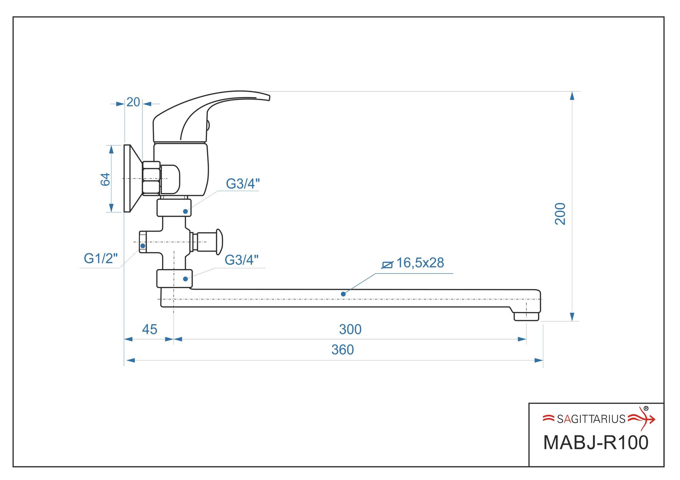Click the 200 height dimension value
[560, 214]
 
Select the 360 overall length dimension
[343, 350]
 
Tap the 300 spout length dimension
[350, 329]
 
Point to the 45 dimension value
[149, 329]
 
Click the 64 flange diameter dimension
[105, 179]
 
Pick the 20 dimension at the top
[133, 102]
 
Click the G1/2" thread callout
[101, 258]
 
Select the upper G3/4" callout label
[243, 184]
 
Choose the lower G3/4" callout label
[242, 260]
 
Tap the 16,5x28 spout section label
[420, 263]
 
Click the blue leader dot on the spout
[343, 294]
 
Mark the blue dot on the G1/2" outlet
[143, 246]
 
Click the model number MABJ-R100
[596, 442]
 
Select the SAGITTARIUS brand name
[591, 419]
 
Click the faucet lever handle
[215, 104]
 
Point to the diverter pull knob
[219, 242]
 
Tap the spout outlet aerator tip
[526, 316]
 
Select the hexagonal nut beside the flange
[151, 178]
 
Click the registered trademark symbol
[646, 408]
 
